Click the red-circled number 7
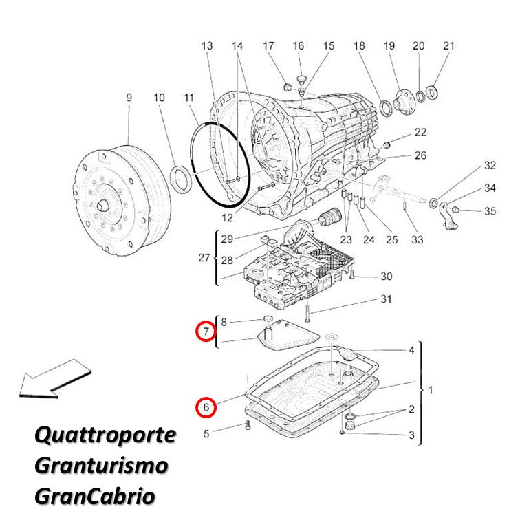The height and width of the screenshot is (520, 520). pyautogui.click(x=206, y=331)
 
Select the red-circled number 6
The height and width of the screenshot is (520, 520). pyautogui.click(x=206, y=407)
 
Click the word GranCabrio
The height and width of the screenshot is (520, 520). pyautogui.click(x=95, y=496)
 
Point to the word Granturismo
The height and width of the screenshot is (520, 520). pyautogui.click(x=102, y=465)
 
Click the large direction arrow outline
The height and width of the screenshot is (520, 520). pyautogui.click(x=55, y=379)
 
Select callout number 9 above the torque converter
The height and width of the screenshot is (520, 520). pyautogui.click(x=129, y=98)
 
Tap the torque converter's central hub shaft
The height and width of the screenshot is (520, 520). pyautogui.click(x=102, y=206)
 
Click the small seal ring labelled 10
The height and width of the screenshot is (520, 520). pyautogui.click(x=181, y=179)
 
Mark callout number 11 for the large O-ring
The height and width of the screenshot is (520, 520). pyautogui.click(x=189, y=98)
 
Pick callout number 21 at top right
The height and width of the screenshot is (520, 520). pyautogui.click(x=448, y=46)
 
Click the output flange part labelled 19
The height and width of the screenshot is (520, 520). pyautogui.click(x=404, y=102)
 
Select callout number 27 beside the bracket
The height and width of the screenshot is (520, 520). pyautogui.click(x=204, y=258)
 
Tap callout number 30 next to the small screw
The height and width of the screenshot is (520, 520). pyautogui.click(x=387, y=276)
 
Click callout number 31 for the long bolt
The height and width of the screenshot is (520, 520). pyautogui.click(x=386, y=299)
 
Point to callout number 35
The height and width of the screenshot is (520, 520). pyautogui.click(x=490, y=211)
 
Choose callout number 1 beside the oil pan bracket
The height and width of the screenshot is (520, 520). pyautogui.click(x=431, y=390)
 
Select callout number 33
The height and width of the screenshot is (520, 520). pyautogui.click(x=418, y=239)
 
